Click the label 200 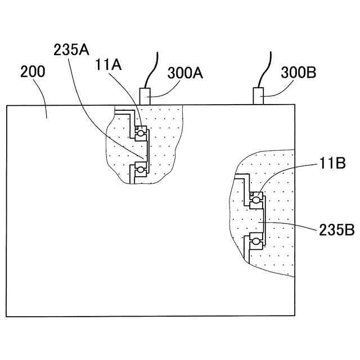tap(33, 72)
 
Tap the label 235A tap(71, 49)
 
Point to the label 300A tap(186, 73)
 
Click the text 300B tap(298, 73)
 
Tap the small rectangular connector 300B tap(259, 96)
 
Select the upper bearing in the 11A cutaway tap(140, 133)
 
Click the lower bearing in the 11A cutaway tap(139, 168)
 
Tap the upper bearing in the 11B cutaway tap(256, 199)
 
